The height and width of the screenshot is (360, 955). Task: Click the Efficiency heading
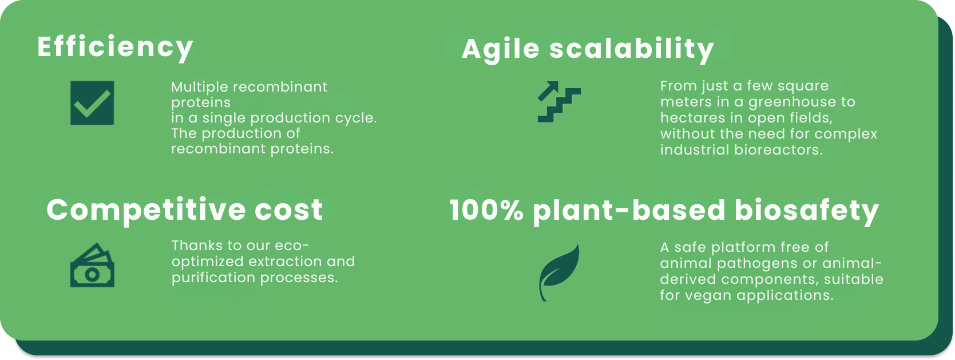115,48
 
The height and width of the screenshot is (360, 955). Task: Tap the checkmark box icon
92,103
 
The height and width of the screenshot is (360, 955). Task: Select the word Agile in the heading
501,49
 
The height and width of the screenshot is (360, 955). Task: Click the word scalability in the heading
631,49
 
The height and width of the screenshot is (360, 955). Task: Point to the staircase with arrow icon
559,101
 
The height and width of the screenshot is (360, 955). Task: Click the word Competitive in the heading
146,210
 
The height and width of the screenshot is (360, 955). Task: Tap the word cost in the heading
288,210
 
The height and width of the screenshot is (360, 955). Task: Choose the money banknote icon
92,265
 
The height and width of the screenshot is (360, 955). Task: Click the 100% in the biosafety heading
486,210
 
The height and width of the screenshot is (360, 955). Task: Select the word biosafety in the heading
807,211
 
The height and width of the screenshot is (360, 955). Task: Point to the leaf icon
560,272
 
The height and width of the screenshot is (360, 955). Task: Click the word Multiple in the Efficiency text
200,87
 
